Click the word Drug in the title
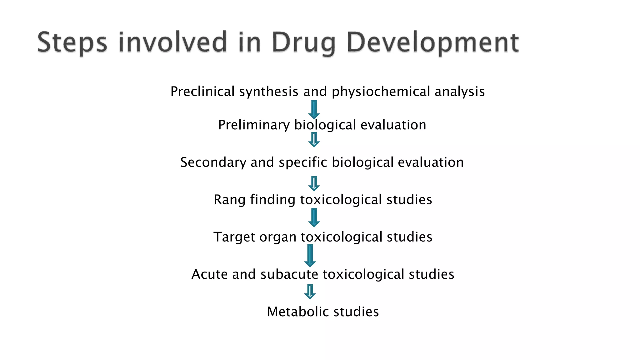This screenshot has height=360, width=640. click(x=303, y=43)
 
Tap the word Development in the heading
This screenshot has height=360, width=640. click(x=433, y=43)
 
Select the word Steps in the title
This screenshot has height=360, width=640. click(x=72, y=43)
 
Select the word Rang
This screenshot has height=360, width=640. click(x=229, y=200)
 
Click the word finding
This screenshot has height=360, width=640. click(x=273, y=200)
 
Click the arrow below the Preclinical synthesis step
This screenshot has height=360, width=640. click(x=314, y=109)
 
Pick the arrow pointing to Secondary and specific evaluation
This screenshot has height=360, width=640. click(x=314, y=140)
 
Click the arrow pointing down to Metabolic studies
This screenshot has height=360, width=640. click(x=310, y=292)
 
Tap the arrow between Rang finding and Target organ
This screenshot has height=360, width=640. click(x=314, y=217)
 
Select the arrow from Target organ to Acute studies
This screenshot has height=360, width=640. click(x=310, y=255)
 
